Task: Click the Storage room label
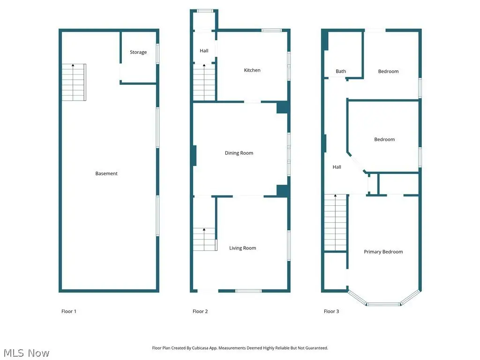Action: tap(138, 52)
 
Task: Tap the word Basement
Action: tap(106, 173)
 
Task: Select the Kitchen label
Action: tap(252, 70)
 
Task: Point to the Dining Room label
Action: tap(239, 153)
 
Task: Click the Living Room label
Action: tap(242, 248)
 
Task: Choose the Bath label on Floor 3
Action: tap(341, 71)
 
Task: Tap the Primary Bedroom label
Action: tap(383, 252)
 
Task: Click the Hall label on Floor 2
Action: tap(204, 51)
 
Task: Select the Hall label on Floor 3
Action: tap(337, 167)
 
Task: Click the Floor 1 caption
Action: tap(68, 311)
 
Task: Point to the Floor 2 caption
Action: tap(200, 311)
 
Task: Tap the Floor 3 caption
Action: tap(331, 311)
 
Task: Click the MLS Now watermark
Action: tap(26, 353)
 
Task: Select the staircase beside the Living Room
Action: tap(204, 239)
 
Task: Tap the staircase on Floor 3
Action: tap(336, 223)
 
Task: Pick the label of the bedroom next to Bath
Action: tap(388, 71)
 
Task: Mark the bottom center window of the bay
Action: tap(383, 304)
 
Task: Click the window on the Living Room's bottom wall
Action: tap(248, 291)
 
